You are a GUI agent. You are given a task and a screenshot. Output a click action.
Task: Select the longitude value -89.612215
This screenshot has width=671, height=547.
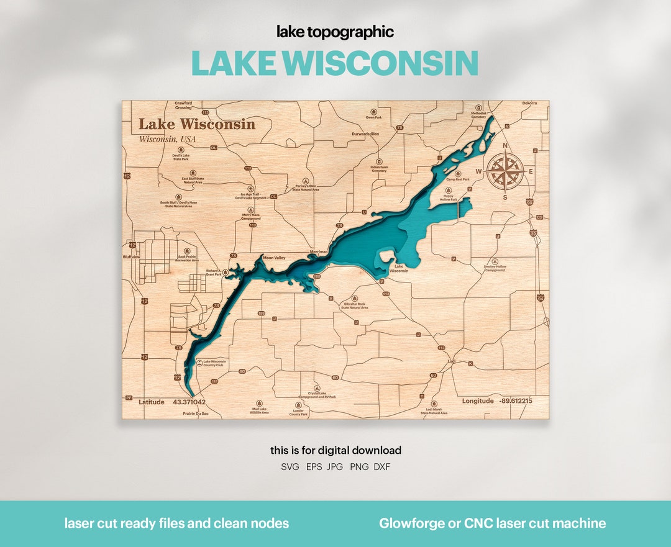[515, 401]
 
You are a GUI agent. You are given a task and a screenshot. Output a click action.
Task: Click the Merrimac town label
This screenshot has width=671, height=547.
[318, 251]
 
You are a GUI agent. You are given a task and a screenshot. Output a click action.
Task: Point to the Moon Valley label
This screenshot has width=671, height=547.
[274, 258]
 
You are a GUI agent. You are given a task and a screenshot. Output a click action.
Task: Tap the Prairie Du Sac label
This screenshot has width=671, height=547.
[196, 414]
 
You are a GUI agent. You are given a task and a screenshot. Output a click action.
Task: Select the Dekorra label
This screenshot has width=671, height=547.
[529, 103]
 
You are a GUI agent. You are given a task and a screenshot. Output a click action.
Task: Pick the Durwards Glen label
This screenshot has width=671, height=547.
[365, 133]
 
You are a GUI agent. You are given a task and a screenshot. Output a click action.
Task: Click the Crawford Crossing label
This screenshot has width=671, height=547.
[183, 106]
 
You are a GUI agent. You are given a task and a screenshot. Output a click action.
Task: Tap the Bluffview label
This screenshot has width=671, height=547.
[132, 256]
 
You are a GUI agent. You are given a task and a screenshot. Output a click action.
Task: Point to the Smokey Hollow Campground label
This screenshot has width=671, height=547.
[495, 268]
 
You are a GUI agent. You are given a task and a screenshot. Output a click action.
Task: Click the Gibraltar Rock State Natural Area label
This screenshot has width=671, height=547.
[354, 305]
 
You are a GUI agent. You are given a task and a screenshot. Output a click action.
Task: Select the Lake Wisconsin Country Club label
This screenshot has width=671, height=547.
[214, 363]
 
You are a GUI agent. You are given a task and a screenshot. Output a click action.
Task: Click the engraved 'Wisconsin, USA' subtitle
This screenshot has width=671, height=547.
[167, 139]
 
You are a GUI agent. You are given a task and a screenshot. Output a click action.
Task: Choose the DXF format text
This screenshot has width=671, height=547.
[381, 467]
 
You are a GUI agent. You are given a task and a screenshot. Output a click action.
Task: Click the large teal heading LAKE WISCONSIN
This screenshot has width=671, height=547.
[335, 63]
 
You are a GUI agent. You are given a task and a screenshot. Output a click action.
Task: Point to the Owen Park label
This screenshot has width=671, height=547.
[373, 117]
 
